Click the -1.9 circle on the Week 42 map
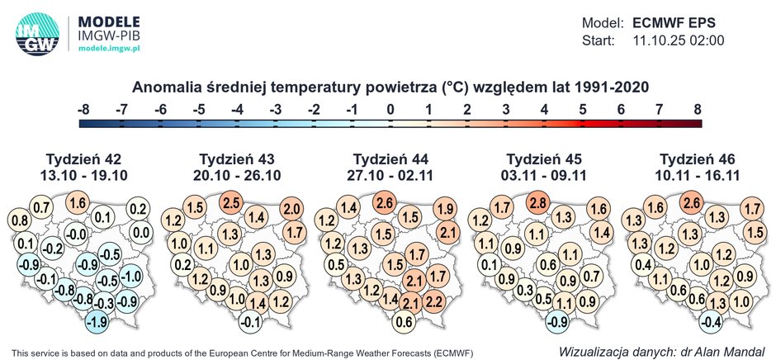point(97,321)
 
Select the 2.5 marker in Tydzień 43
point(231,202)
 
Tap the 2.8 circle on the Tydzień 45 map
point(537,203)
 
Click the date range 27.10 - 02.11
point(387,174)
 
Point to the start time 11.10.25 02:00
point(678,40)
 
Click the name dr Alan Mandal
point(724,351)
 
